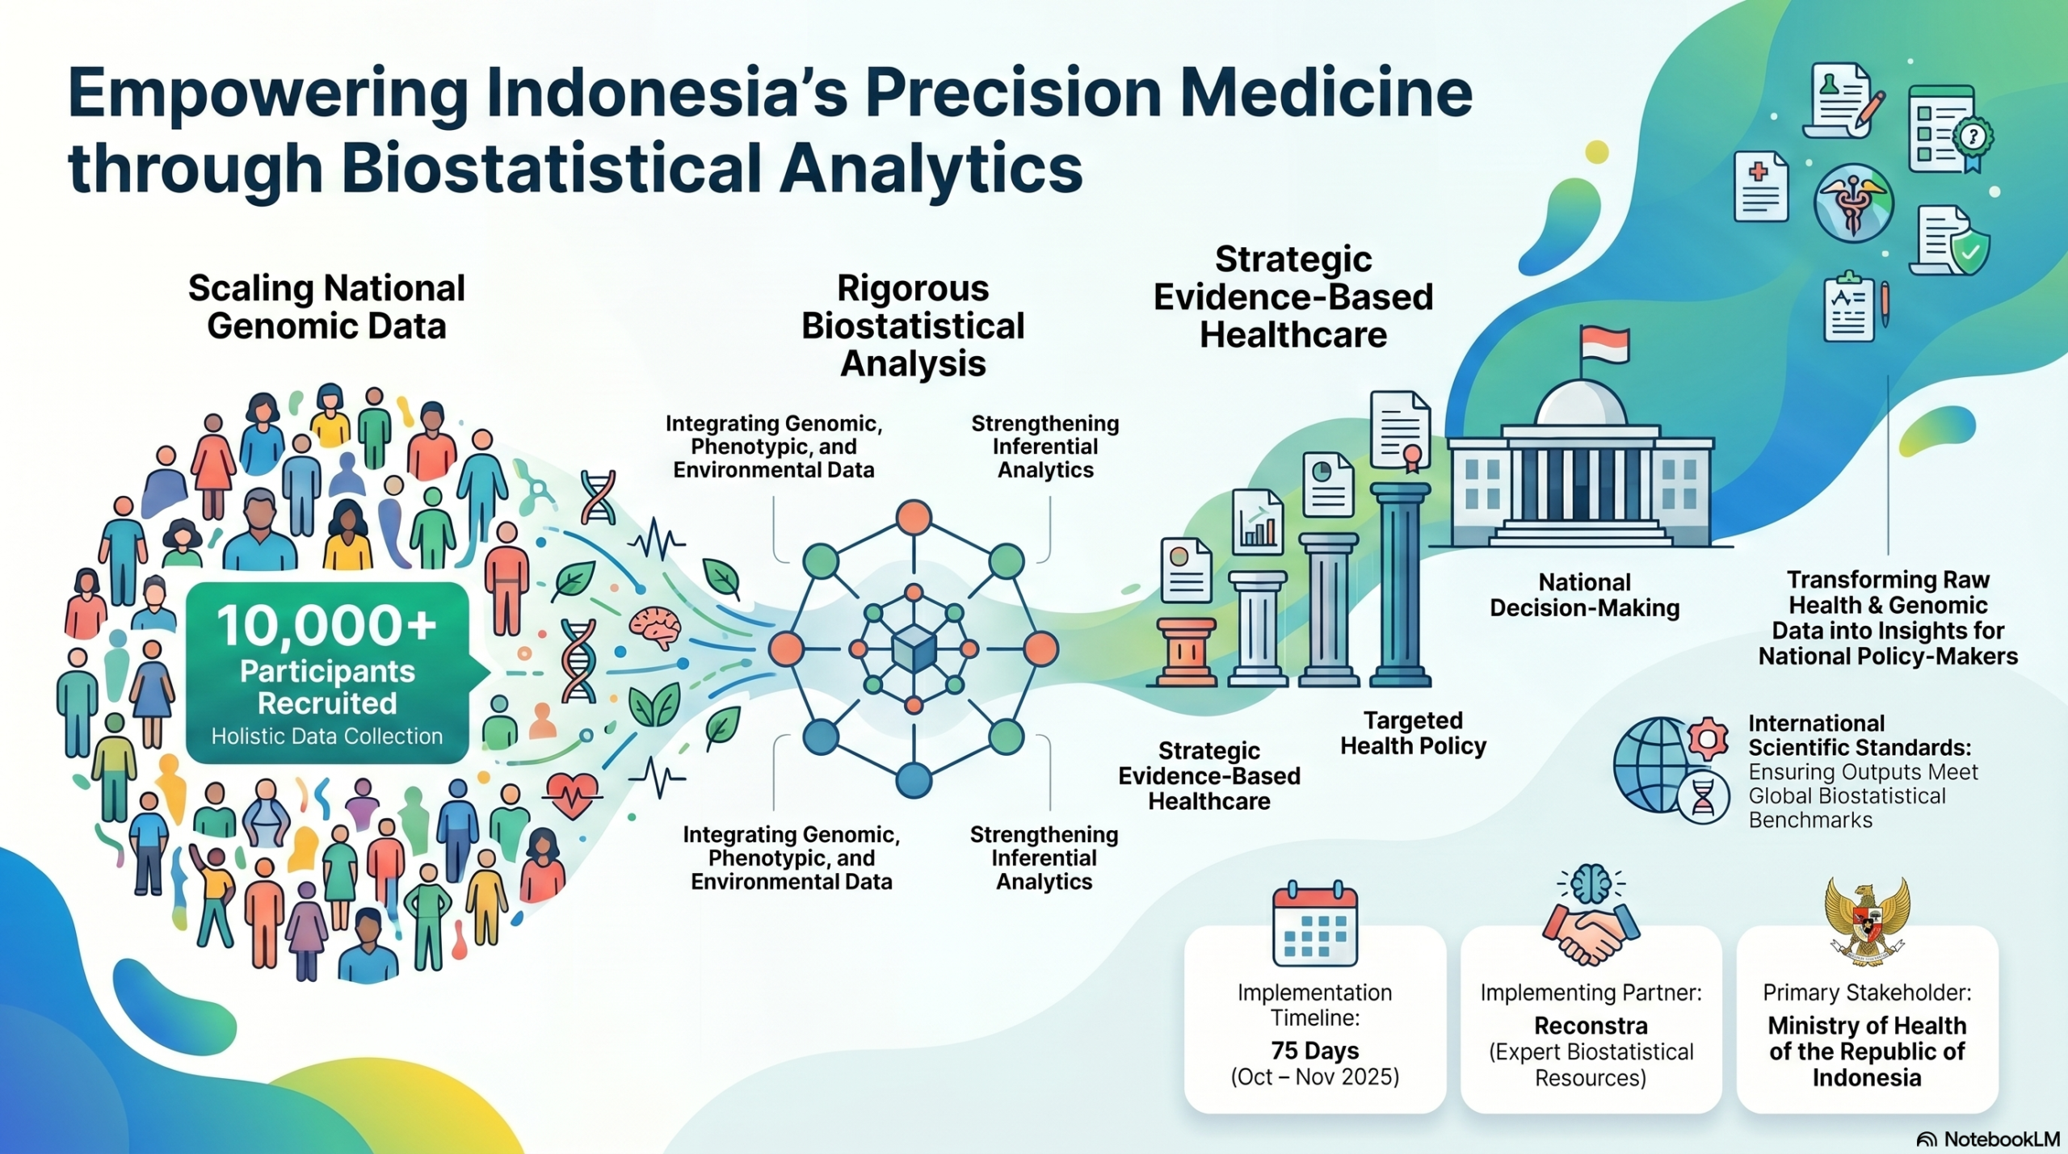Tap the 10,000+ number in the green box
(x=327, y=626)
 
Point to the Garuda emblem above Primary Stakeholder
(x=1867, y=921)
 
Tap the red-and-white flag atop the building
(x=1604, y=345)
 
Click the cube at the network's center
(x=914, y=648)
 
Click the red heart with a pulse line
(x=573, y=795)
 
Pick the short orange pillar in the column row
(x=1186, y=652)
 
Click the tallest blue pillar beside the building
(x=1401, y=584)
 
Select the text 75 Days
(x=1314, y=1050)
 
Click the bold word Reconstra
(x=1591, y=1026)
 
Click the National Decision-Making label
(x=1584, y=594)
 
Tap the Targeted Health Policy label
(x=1413, y=732)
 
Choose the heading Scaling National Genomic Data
(x=326, y=307)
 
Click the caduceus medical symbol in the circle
(x=1853, y=203)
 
